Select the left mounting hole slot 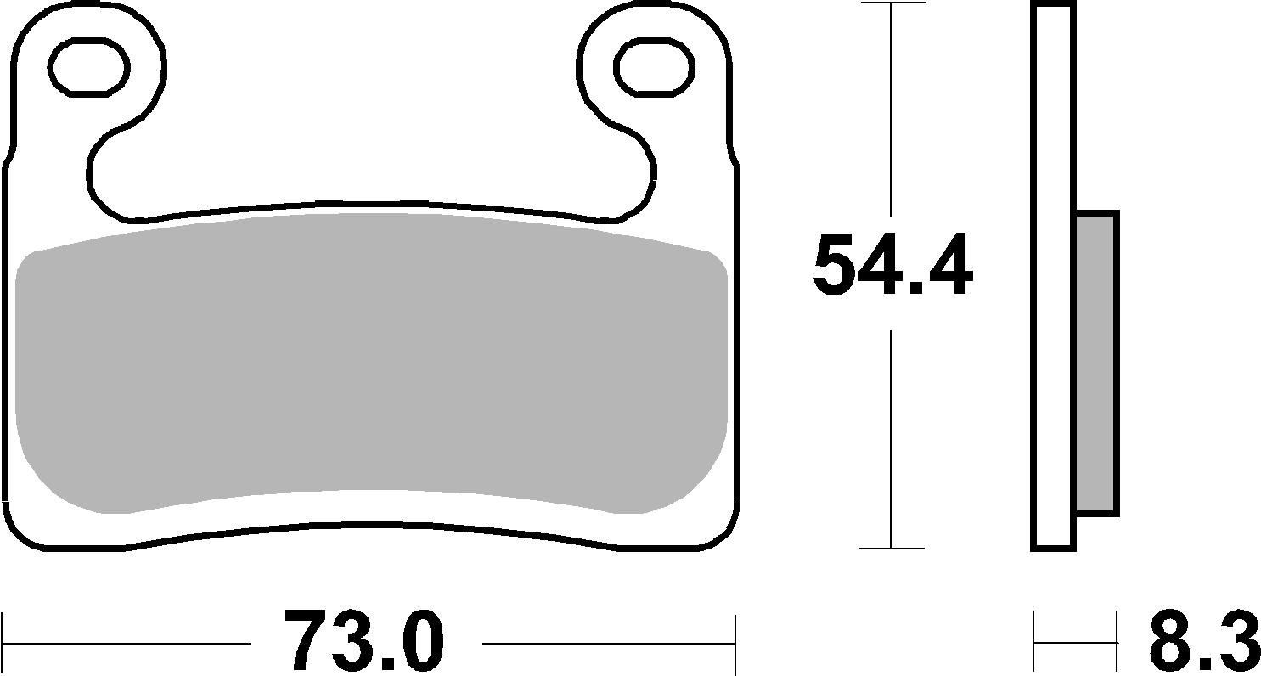(x=89, y=65)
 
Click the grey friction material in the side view (x=1096, y=363)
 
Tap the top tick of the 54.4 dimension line (x=892, y=3)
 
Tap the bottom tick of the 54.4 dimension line (x=892, y=549)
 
